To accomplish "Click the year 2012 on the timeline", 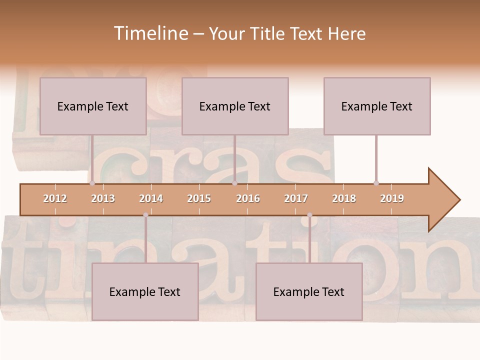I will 55,198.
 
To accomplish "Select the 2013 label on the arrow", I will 103,198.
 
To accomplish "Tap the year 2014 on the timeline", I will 151,198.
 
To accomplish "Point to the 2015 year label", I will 199,198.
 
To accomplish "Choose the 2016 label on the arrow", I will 248,198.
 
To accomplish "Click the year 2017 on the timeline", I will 296,198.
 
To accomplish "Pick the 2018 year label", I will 344,198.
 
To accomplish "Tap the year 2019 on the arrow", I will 392,198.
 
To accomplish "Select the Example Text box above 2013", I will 93,106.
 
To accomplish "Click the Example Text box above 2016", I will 235,106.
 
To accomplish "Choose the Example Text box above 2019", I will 377,106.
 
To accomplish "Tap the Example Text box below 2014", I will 145,291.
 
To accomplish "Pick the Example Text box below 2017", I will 309,291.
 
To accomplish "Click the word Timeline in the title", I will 150,33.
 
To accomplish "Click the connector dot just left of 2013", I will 92,183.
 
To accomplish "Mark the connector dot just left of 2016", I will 234,183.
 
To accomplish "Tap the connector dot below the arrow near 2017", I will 309,215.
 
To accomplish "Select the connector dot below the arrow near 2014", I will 145,215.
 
